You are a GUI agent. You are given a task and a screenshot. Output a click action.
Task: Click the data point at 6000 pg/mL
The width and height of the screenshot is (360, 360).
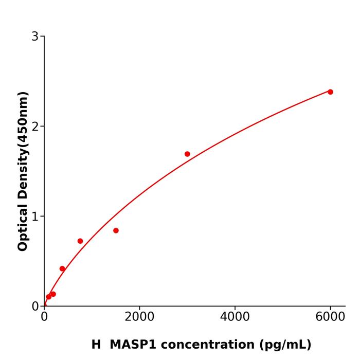[330, 92]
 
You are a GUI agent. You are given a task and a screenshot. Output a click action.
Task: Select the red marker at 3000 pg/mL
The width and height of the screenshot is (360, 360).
[187, 154]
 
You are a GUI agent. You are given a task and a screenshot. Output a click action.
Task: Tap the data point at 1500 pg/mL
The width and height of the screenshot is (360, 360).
[116, 230]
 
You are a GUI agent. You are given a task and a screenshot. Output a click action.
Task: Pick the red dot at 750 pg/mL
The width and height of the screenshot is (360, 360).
[80, 241]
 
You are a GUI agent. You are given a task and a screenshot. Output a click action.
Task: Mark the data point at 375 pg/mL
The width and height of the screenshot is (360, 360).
[62, 268]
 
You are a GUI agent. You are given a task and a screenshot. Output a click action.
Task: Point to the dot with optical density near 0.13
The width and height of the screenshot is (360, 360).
[53, 294]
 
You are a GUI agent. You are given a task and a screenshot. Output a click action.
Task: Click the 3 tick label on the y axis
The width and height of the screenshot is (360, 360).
[35, 37]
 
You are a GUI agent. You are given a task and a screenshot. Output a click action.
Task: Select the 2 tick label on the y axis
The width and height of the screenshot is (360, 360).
[35, 127]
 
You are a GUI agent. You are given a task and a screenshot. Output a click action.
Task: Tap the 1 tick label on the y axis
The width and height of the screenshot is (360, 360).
[35, 217]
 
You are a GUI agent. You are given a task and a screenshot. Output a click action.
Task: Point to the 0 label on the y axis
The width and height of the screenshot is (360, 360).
[35, 307]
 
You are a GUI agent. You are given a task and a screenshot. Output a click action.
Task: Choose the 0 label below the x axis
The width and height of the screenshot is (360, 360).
[44, 317]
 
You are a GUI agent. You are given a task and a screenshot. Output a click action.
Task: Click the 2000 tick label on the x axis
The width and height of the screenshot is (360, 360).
[139, 317]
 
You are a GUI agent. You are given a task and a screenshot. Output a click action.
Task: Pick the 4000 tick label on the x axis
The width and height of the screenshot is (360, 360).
[235, 317]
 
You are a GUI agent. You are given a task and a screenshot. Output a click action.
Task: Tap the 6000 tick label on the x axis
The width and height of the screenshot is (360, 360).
[330, 317]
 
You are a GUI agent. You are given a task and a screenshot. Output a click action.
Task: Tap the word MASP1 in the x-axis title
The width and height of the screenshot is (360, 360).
[132, 345]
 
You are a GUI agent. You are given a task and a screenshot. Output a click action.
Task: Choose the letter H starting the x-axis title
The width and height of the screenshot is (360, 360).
[96, 345]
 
